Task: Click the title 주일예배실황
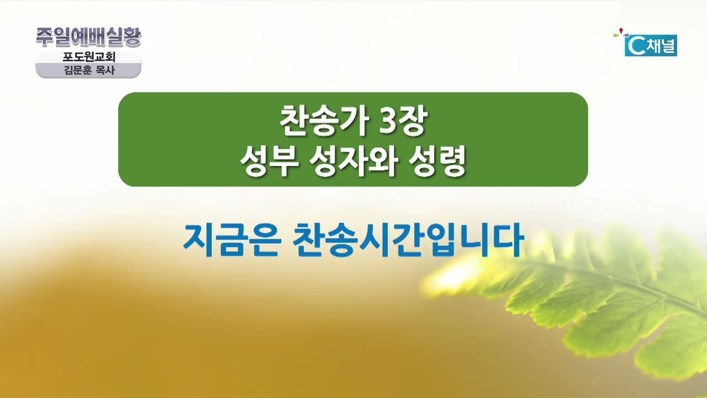click(x=88, y=37)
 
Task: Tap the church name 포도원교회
click(x=89, y=57)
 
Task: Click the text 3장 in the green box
click(x=403, y=121)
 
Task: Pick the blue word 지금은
click(x=232, y=240)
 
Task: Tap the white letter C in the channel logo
click(x=634, y=46)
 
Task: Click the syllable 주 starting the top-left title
click(x=45, y=37)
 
